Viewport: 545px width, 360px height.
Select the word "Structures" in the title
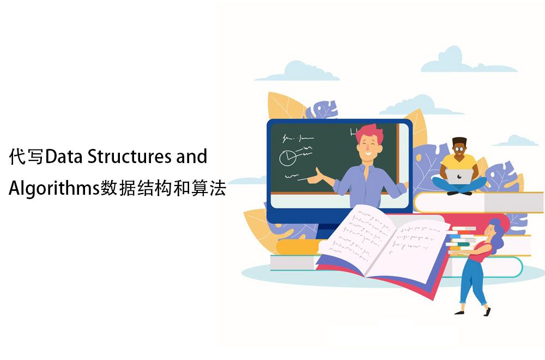coord(129,157)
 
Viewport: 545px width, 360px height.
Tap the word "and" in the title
coord(191,157)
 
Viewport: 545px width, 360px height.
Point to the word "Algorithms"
coord(54,189)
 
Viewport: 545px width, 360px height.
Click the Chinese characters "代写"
coord(26,157)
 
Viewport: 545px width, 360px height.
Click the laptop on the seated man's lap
coord(459,176)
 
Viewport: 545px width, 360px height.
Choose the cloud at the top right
coord(466,61)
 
